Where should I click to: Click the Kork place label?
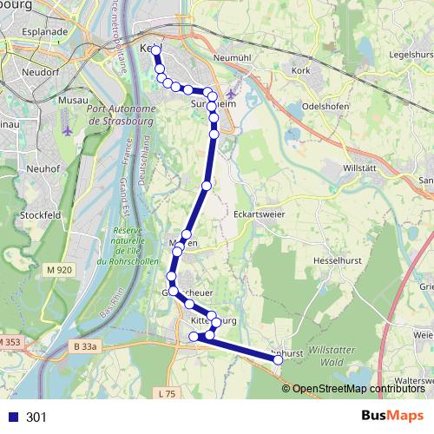click(x=301, y=69)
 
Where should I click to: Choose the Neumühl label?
click(x=231, y=56)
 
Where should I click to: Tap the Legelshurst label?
click(x=411, y=54)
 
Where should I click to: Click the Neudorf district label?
click(x=41, y=72)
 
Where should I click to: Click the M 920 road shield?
click(x=60, y=270)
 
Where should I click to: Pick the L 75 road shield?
click(x=168, y=393)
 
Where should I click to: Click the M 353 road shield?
click(x=9, y=342)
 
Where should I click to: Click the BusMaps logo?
click(x=393, y=416)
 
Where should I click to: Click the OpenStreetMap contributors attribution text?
click(x=358, y=389)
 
